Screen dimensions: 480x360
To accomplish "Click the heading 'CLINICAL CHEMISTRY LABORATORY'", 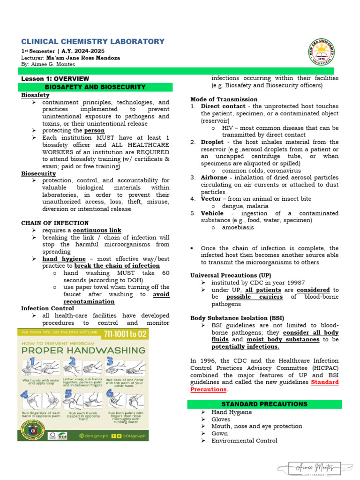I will tap(93, 42).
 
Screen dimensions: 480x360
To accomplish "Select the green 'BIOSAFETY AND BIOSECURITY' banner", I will tap(95, 87).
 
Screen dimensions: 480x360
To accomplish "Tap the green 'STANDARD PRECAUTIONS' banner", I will tap(264, 404).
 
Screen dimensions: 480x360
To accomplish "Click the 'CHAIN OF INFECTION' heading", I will tap(55, 223).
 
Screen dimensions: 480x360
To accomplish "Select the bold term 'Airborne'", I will tap(215, 177).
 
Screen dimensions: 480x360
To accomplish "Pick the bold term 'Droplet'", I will tap(212, 142).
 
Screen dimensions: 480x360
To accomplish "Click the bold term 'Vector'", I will tap(211, 199).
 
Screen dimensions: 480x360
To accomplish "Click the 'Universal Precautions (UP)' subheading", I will tap(231, 276).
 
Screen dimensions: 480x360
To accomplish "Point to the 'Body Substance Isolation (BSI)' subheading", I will tap(237, 318).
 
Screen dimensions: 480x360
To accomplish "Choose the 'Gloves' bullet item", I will tap(221, 420).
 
